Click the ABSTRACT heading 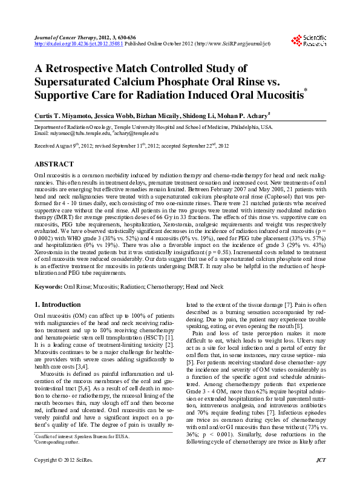point(54,164)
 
